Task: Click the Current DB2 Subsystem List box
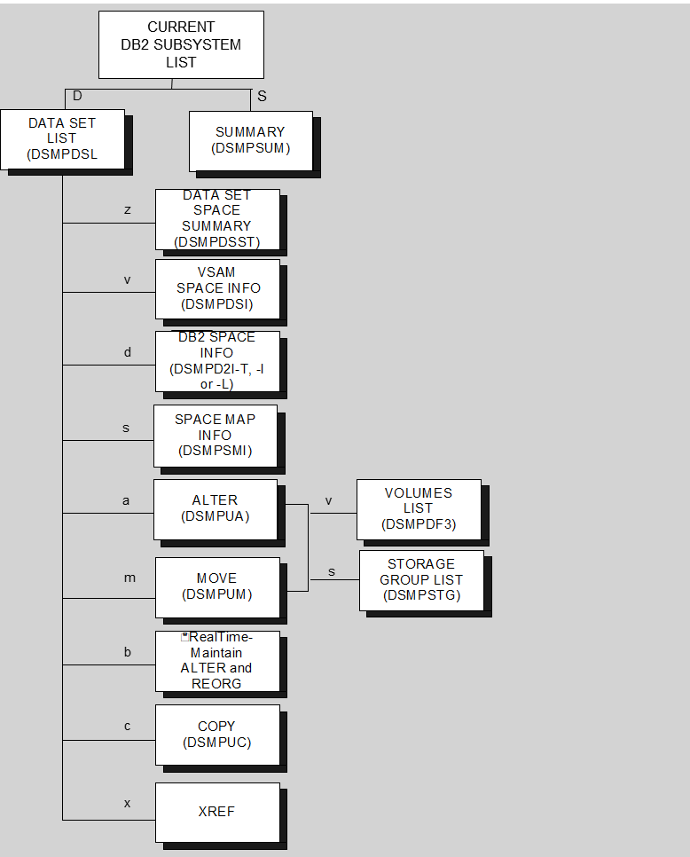pos(181,44)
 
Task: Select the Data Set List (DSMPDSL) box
pos(62,138)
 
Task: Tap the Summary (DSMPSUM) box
pos(251,140)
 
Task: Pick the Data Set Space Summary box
pos(217,218)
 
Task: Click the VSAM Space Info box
pos(217,288)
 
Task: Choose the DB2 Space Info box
pos(217,360)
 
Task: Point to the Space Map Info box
pos(216,435)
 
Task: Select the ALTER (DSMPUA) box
pos(216,508)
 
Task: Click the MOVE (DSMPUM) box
pos(217,586)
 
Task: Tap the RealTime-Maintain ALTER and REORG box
pos(217,660)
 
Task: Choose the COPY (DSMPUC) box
pos(217,734)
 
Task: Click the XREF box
pos(217,812)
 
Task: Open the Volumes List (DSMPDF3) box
pos(419,508)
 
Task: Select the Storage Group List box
pos(421,579)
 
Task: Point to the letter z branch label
pos(128,210)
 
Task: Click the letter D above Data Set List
pos(77,96)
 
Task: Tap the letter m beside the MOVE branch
pos(129,578)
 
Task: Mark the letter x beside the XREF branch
pos(127,803)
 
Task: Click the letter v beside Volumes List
pos(328,500)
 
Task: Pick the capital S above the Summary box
pos(262,96)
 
